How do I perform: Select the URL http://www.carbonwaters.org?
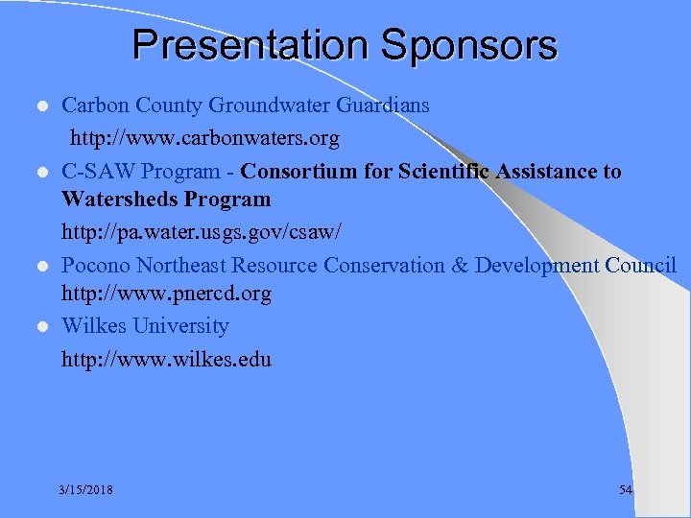(203, 139)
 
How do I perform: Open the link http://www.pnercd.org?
(166, 294)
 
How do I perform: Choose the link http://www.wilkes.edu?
(166, 360)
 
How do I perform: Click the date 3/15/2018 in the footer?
(85, 490)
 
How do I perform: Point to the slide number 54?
(626, 490)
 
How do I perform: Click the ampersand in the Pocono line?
(460, 265)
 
